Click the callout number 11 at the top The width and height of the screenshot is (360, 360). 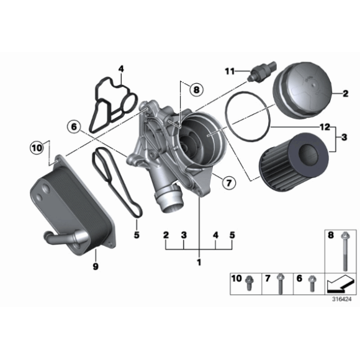(229, 71)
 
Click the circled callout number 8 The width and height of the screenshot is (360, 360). (197, 90)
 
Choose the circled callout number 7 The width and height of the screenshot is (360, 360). (227, 182)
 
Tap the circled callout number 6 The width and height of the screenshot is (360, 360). (73, 127)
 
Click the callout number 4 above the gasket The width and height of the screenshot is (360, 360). (121, 69)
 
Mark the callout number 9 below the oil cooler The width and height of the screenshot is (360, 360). (96, 266)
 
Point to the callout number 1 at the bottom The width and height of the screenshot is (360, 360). (199, 263)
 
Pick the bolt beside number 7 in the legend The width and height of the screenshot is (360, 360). (281, 282)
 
